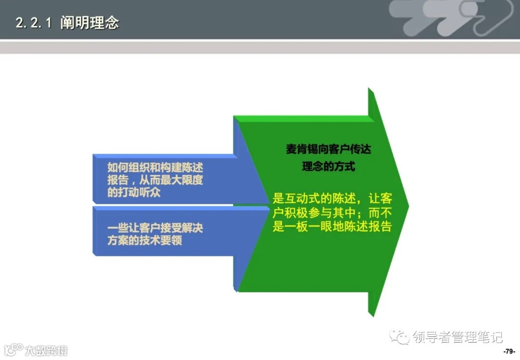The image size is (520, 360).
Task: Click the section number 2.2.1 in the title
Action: (33, 23)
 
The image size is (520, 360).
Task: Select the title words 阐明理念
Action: (90, 23)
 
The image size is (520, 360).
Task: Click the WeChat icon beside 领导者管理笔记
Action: (400, 336)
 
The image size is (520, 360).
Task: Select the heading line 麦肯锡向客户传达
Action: (329, 150)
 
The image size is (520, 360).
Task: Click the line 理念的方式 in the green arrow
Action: (329, 167)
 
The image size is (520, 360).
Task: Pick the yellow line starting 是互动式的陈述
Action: (332, 198)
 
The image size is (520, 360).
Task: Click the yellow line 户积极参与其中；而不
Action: (332, 212)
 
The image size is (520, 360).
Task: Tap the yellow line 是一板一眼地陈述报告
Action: (332, 227)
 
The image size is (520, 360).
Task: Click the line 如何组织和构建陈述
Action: (155, 168)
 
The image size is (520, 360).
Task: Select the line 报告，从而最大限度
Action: (155, 180)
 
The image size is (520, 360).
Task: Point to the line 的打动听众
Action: (134, 193)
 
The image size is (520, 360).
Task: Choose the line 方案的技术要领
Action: (144, 240)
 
